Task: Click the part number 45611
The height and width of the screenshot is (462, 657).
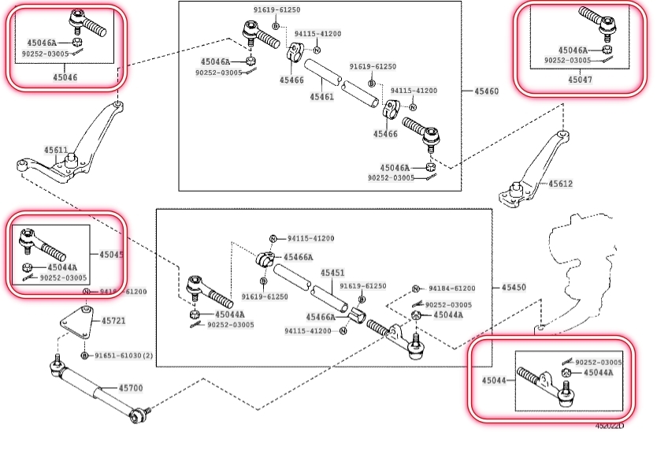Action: click(56, 149)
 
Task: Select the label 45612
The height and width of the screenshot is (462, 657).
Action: click(561, 184)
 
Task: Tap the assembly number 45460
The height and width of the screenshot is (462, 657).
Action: click(486, 91)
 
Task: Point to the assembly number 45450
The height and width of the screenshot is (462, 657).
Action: click(513, 288)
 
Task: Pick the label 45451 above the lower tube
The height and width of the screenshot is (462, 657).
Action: click(332, 273)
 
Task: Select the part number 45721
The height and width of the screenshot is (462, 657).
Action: click(113, 321)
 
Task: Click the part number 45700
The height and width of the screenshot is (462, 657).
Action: click(131, 388)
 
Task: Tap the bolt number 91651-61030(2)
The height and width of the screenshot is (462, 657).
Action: click(124, 356)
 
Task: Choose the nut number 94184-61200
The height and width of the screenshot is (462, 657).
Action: click(451, 289)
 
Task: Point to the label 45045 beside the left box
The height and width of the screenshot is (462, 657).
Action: click(111, 255)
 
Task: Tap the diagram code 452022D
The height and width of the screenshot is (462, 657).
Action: click(609, 427)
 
